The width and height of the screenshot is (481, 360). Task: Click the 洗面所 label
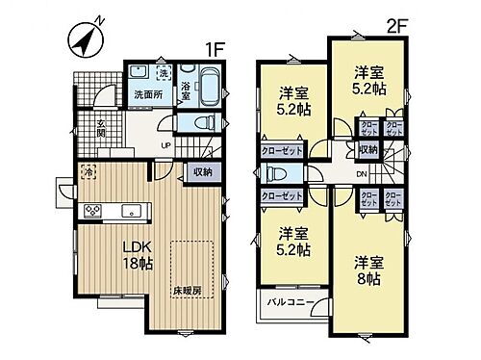pos(148,94)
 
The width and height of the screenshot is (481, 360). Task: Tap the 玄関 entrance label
pos(99,127)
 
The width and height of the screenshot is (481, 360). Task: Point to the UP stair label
pos(165,145)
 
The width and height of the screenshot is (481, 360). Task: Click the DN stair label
pos(360,174)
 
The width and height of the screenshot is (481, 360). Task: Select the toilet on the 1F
pos(202,122)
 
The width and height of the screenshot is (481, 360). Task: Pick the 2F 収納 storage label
pos(367,150)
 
